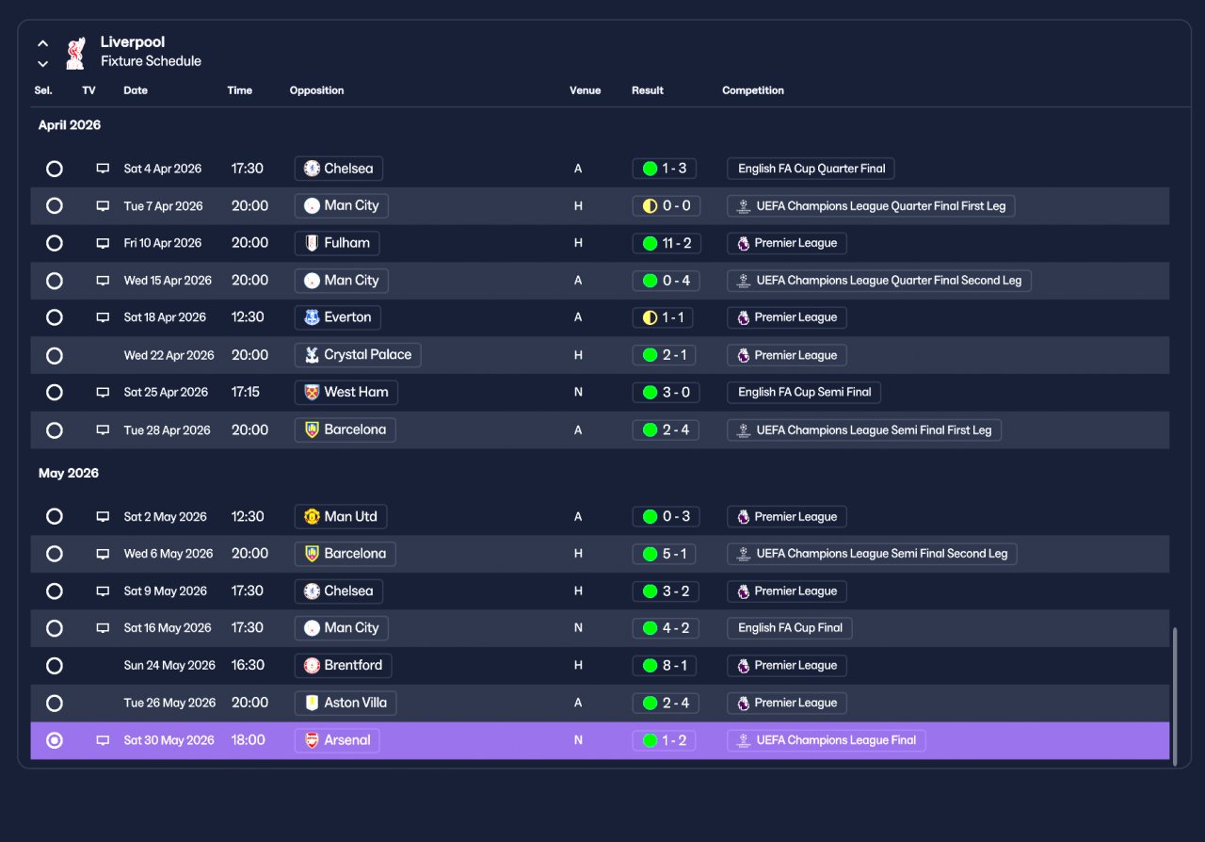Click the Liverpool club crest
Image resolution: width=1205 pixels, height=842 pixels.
click(x=76, y=53)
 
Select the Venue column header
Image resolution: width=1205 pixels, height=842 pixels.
click(x=585, y=90)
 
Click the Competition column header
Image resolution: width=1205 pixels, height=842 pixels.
click(x=752, y=90)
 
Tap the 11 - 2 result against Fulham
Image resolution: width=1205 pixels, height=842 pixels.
click(x=667, y=243)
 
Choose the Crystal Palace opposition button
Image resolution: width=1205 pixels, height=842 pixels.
click(x=358, y=355)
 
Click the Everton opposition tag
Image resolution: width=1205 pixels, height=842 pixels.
click(x=337, y=317)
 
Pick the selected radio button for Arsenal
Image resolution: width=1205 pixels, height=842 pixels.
click(x=55, y=741)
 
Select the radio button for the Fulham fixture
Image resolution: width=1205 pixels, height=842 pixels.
click(x=55, y=243)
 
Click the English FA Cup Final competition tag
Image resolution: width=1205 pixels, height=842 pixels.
click(x=789, y=628)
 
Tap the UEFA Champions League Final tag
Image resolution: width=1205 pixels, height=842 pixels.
click(x=826, y=741)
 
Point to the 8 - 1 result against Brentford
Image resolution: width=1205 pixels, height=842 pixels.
click(x=664, y=666)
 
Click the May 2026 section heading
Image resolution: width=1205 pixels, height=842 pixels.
click(x=69, y=473)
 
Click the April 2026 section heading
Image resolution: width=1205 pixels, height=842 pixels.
click(x=70, y=125)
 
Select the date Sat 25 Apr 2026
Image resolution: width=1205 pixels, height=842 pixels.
click(x=166, y=393)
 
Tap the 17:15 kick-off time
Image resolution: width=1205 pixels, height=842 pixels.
click(x=246, y=393)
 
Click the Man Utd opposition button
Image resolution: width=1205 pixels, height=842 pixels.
click(x=341, y=517)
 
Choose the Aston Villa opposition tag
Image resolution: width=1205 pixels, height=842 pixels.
click(x=345, y=704)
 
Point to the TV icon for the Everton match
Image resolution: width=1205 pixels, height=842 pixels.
click(x=103, y=317)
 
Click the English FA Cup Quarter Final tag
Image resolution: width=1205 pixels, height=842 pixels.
click(x=811, y=169)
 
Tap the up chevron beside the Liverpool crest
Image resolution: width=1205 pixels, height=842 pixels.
click(x=43, y=43)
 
